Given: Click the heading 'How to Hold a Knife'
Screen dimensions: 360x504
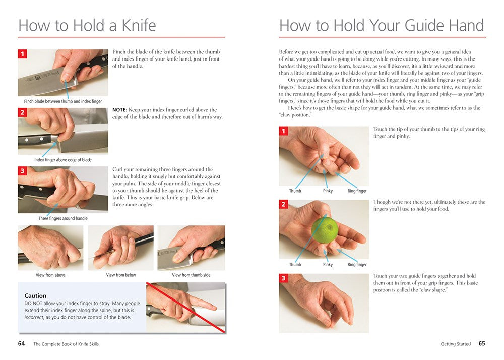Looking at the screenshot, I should [x=87, y=25].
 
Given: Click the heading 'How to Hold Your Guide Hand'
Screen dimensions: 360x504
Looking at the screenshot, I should [x=382, y=25].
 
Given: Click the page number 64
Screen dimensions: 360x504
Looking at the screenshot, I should [x=22, y=344].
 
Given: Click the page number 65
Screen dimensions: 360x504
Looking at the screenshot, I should [x=481, y=344].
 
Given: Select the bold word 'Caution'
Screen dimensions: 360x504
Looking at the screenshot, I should [x=35, y=296].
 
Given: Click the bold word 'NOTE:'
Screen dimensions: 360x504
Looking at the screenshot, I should [x=120, y=110].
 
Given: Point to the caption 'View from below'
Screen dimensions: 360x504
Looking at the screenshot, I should [x=121, y=275].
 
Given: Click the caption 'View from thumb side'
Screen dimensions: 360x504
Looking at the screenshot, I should [x=191, y=275].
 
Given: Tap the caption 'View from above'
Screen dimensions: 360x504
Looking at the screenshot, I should [x=50, y=275].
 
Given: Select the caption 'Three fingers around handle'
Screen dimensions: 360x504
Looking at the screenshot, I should [x=63, y=218].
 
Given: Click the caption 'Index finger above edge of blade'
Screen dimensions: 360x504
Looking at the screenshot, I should [x=63, y=160].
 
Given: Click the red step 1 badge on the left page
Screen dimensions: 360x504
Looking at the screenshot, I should [x=22, y=54].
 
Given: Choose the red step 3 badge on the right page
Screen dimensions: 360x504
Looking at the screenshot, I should [x=283, y=278].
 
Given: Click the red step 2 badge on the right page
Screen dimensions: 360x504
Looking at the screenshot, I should [x=283, y=205].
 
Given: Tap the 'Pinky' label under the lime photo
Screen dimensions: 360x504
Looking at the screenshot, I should [x=328, y=265].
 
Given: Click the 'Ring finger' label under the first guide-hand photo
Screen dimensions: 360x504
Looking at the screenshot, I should [x=357, y=191].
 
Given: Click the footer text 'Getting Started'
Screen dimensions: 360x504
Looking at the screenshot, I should [x=456, y=344].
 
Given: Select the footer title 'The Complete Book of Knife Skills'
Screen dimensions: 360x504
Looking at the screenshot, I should [x=66, y=344].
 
